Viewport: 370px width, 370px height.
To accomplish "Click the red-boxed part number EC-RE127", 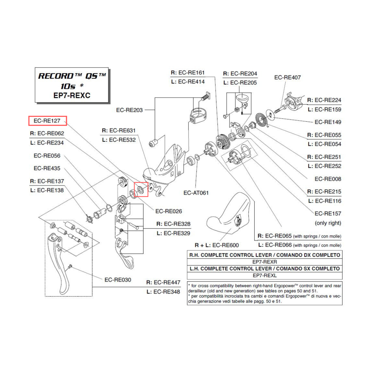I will point(47,121).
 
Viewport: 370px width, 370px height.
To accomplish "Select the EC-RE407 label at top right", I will point(287,78).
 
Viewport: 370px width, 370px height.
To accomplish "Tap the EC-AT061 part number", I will point(196,193).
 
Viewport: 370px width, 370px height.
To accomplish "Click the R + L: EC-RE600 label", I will point(217,245).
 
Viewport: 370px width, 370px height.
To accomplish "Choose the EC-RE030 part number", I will point(118,280).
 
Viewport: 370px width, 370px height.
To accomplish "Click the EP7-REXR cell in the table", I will point(265,262).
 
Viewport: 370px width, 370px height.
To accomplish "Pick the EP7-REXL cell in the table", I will point(265,276).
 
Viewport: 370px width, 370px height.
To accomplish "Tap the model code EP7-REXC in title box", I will point(72,95).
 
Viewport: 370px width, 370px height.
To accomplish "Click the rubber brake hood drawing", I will point(231,215).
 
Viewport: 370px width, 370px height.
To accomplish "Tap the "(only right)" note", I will point(328,223).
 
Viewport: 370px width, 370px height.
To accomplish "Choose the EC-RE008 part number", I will point(328,179).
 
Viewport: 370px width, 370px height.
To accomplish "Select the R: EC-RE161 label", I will point(188,73).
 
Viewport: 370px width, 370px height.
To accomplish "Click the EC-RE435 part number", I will point(47,168).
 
